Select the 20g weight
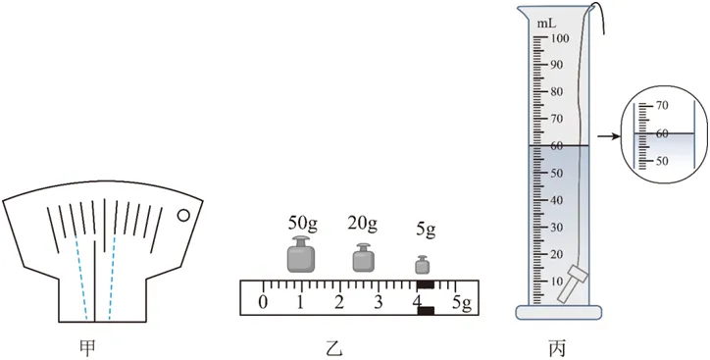click(364, 257)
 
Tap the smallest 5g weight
click(423, 265)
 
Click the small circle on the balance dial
click(183, 216)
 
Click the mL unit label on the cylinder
click(545, 24)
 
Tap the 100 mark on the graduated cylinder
click(560, 38)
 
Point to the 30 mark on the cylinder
click(557, 228)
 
